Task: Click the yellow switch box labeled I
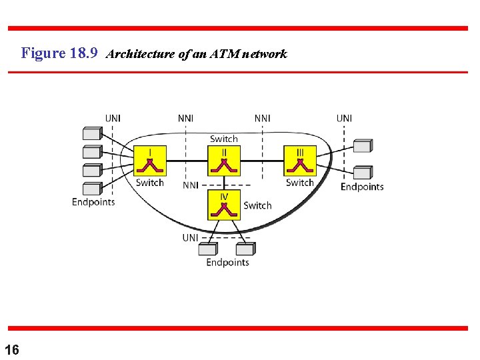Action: [x=150, y=161]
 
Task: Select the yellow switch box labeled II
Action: [x=225, y=161]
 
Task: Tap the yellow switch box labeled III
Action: [x=300, y=161]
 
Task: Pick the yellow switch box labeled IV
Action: [x=225, y=205]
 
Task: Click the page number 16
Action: [x=11, y=349]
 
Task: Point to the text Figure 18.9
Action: [x=60, y=53]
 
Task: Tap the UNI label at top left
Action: [x=113, y=119]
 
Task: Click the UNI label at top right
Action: [x=344, y=119]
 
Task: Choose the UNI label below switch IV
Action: [x=191, y=237]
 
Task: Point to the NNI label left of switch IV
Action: [x=191, y=185]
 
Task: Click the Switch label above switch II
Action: [x=224, y=139]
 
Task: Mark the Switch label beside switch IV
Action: [x=257, y=205]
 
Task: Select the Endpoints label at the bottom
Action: [x=227, y=262]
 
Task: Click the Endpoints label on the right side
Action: [x=362, y=187]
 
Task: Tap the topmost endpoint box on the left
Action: [x=92, y=133]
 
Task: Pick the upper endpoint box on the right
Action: [x=362, y=146]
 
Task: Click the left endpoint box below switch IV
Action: [x=208, y=249]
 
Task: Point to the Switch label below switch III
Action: [x=300, y=183]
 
